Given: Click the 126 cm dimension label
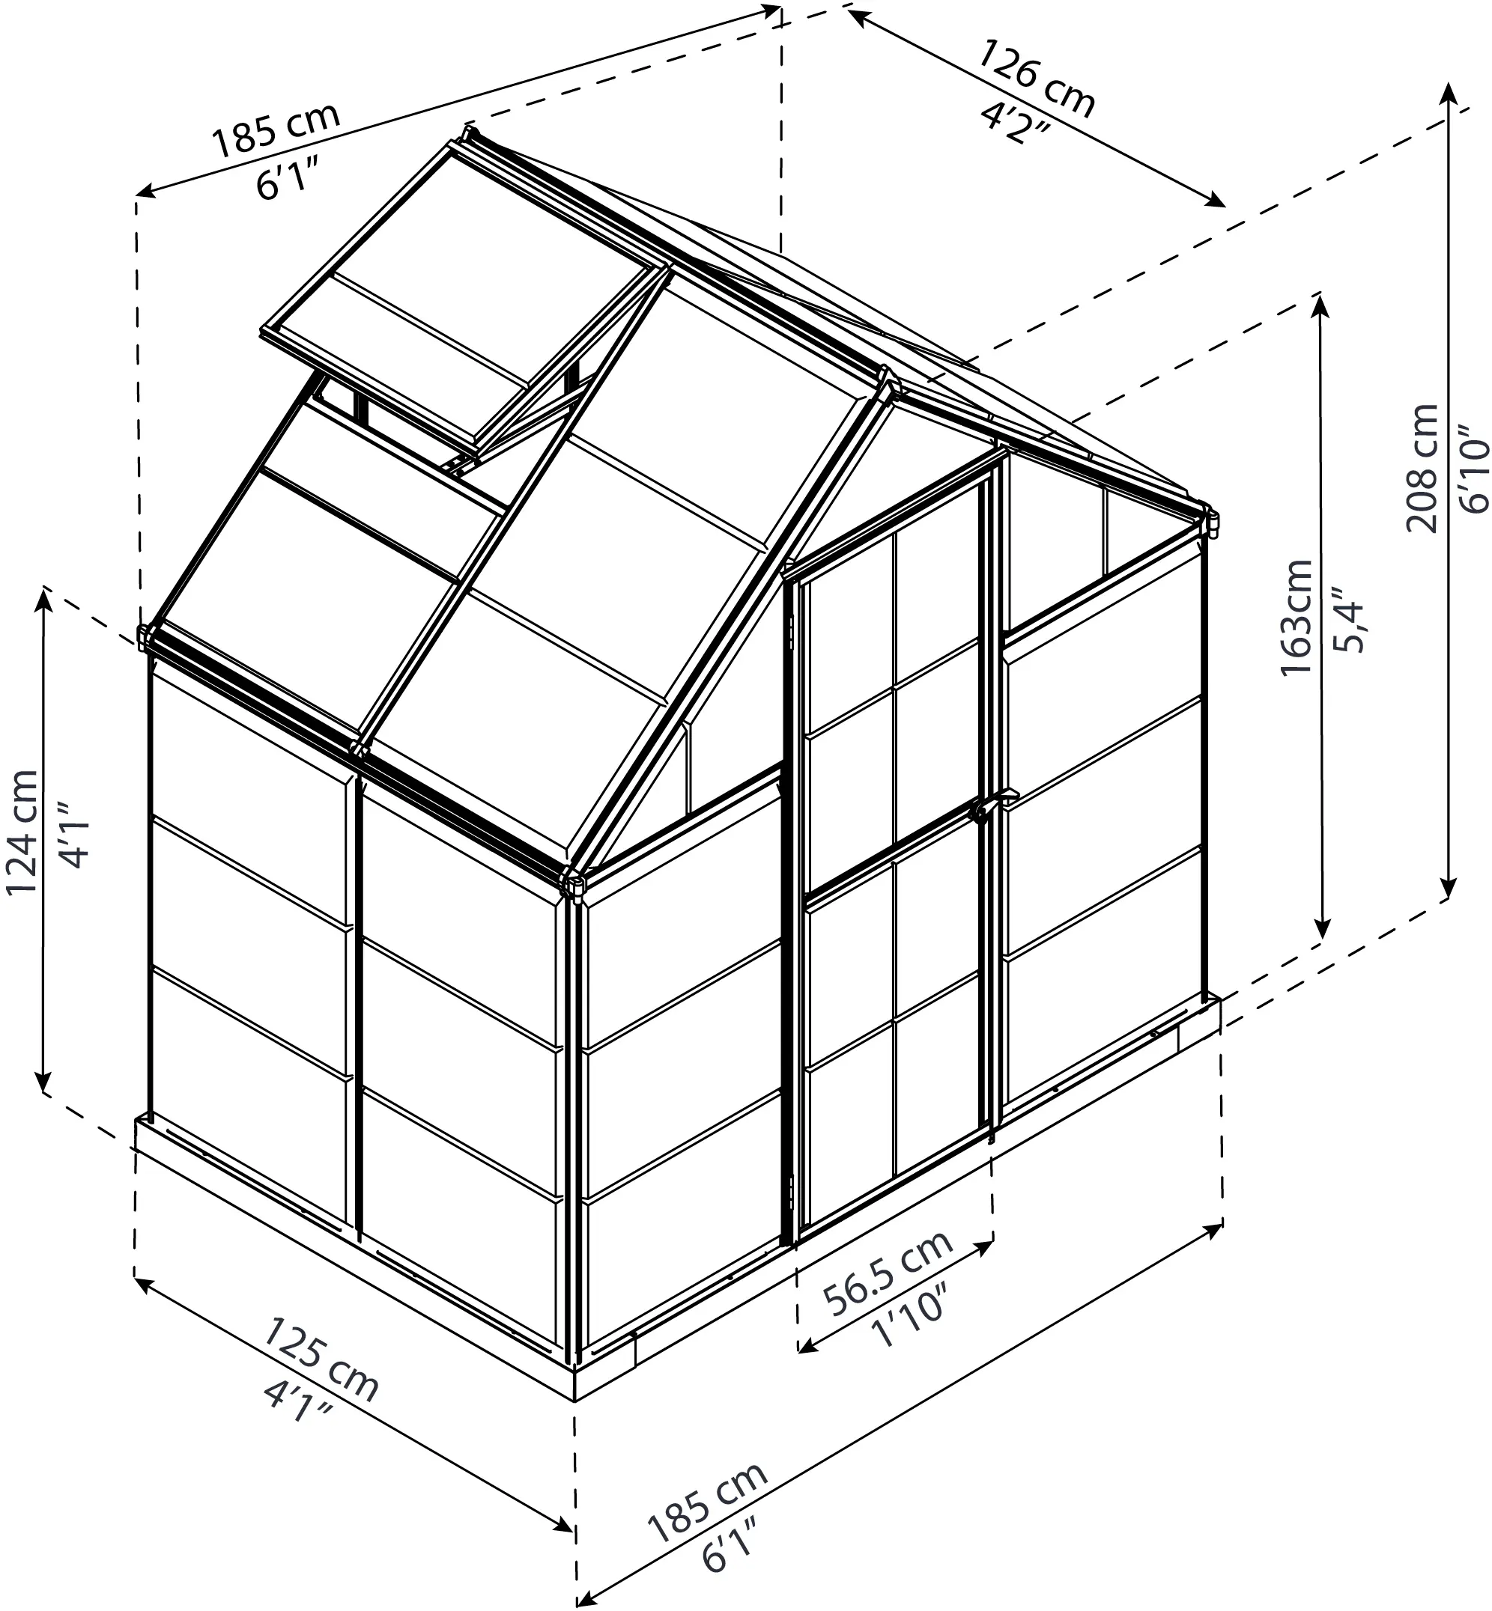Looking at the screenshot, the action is pyautogui.click(x=1036, y=78).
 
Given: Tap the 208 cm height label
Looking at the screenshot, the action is pyautogui.click(x=1422, y=468).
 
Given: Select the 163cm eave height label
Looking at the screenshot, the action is pyautogui.click(x=1297, y=618).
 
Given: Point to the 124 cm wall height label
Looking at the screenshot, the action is pyautogui.click(x=22, y=832).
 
